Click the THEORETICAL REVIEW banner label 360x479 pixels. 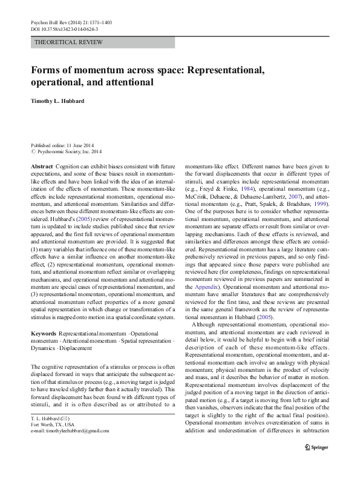pos(69,42)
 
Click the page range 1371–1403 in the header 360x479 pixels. pos(99,21)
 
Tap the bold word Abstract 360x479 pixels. pos(41,166)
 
